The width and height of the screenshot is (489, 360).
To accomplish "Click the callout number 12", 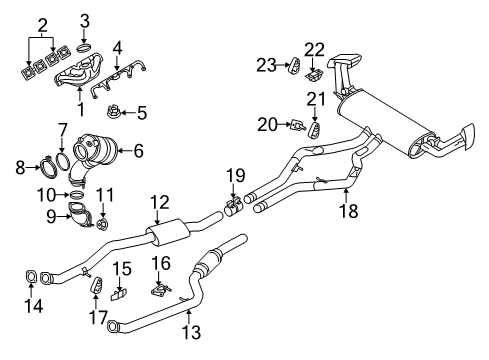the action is click(160, 203).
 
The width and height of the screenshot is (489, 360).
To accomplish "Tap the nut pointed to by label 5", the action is click(113, 111).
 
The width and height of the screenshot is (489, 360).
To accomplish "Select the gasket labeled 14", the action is click(31, 277).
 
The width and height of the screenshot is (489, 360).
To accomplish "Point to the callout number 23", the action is click(266, 65).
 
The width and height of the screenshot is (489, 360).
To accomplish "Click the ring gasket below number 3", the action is click(83, 48).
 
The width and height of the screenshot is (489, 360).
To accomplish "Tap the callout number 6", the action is click(138, 151).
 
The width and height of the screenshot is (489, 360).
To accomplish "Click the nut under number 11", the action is click(102, 223).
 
